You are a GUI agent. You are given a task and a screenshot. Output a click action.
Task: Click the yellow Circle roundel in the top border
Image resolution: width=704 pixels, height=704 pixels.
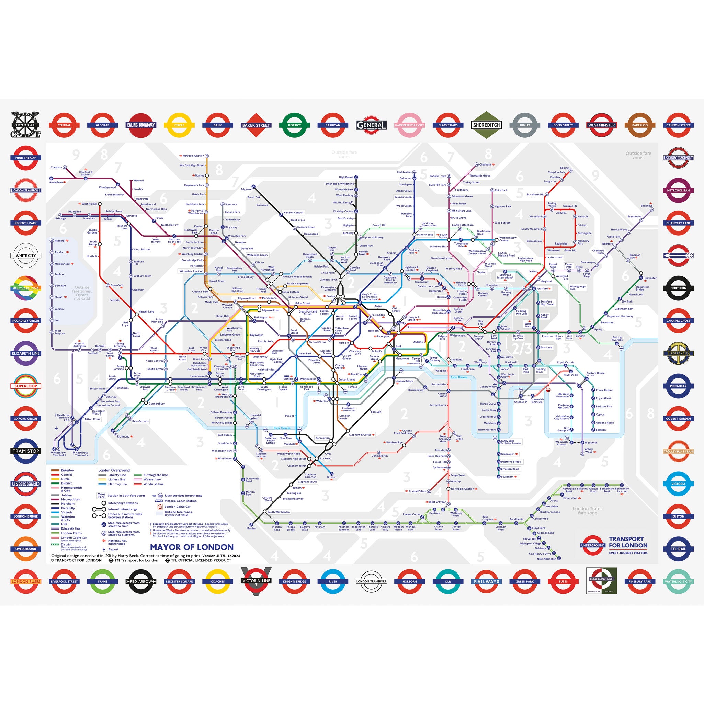[179, 125]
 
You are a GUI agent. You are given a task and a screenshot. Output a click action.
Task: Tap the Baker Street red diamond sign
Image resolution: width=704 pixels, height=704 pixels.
[256, 125]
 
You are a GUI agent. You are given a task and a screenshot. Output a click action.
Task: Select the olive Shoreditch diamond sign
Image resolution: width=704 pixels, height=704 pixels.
[486, 125]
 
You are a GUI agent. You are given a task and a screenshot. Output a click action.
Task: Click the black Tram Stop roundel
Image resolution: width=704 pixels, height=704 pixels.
[26, 451]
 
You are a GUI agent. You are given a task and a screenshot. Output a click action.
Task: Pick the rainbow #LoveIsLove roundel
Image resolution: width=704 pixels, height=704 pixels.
[26, 288]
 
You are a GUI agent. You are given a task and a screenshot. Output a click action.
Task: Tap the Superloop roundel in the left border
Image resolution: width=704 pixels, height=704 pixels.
[26, 386]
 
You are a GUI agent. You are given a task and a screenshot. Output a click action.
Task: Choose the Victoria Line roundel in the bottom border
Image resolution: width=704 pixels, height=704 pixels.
[256, 581]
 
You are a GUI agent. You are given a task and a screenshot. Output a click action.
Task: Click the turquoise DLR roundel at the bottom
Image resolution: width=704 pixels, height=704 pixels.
[448, 581]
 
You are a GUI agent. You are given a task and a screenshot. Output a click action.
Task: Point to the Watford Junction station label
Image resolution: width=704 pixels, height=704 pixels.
[193, 156]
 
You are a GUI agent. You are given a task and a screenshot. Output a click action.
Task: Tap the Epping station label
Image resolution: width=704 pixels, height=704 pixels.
[564, 168]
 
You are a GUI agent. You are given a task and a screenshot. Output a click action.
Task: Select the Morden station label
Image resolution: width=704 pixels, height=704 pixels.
[251, 529]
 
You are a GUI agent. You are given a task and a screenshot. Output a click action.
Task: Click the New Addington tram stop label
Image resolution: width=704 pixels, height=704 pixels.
[547, 559]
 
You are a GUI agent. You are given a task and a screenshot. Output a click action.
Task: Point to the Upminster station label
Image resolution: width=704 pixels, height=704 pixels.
[650, 278]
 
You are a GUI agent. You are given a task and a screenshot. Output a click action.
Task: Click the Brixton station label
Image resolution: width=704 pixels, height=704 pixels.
[332, 477]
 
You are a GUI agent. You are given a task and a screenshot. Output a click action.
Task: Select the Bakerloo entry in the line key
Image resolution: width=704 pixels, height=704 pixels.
[67, 470]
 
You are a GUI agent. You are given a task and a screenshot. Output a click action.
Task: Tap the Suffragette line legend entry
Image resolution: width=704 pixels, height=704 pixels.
[156, 475]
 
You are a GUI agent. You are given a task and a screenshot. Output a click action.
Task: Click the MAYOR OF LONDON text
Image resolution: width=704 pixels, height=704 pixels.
[192, 547]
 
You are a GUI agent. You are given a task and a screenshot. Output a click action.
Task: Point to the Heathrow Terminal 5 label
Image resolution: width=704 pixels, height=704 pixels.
[59, 454]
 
